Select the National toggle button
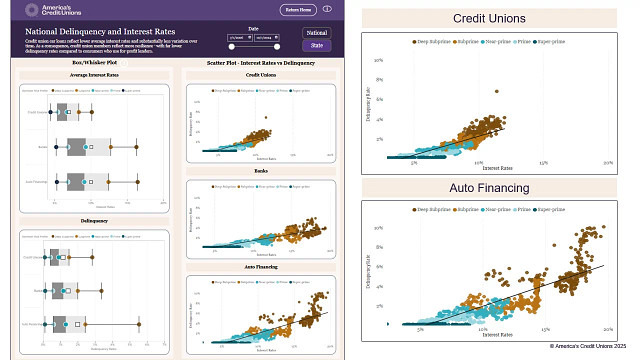tap(317, 33)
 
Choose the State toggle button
tap(317, 46)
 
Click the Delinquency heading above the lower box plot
tap(95, 220)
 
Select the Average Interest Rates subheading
tap(95, 76)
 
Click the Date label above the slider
tap(253, 29)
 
